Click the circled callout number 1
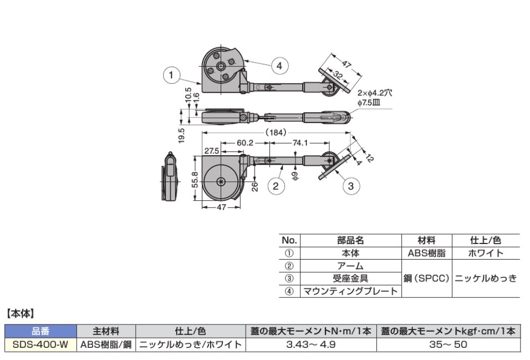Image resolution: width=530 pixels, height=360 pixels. (x=172, y=74)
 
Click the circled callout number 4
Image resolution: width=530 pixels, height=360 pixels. (x=279, y=65)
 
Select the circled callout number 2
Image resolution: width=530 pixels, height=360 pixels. (x=276, y=185)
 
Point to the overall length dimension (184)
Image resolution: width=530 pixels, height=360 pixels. (x=276, y=133)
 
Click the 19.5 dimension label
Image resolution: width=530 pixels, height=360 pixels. (x=182, y=135)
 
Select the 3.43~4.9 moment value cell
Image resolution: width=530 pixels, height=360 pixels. (x=310, y=344)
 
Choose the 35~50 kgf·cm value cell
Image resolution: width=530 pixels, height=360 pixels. (x=448, y=344)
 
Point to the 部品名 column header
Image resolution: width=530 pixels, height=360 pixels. (x=350, y=241)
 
